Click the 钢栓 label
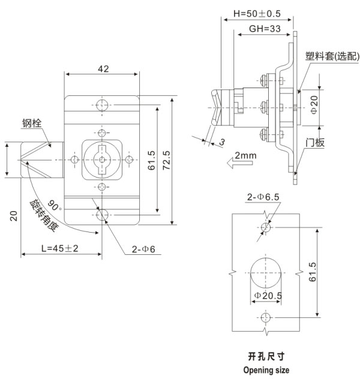(32, 124)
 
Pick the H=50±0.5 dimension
(257, 13)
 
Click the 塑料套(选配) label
(331, 56)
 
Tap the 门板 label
(314, 143)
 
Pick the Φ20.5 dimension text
(268, 295)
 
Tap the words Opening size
(265, 370)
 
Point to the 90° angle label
(56, 206)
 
